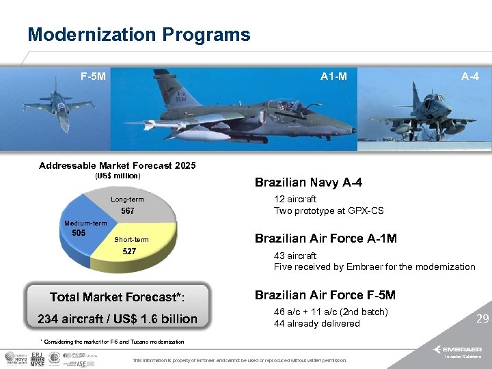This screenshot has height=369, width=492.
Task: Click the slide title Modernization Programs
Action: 139,34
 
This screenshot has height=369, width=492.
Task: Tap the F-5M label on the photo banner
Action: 93,77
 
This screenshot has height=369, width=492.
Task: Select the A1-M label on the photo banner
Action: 334,77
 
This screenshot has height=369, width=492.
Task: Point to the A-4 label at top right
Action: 469,77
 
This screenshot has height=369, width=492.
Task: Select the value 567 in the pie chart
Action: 128,211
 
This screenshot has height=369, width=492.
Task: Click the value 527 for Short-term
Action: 129,251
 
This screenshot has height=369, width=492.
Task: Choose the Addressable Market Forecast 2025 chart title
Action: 118,165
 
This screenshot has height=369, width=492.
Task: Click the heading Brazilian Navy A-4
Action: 308,182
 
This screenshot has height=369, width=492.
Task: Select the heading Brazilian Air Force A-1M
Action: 326,238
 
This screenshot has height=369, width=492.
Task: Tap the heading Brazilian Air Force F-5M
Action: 325,295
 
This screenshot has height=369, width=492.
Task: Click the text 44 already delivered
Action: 316,323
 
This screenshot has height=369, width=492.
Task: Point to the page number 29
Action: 482,318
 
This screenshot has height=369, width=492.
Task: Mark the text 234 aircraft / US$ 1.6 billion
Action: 118,318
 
